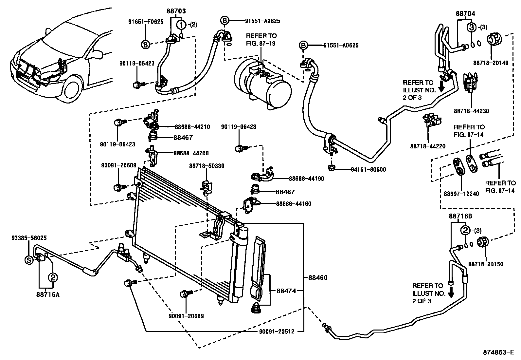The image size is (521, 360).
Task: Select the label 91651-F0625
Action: pyautogui.click(x=146, y=22)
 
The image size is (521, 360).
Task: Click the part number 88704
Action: pyautogui.click(x=465, y=13)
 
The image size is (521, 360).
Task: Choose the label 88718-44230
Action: pyautogui.click(x=471, y=111)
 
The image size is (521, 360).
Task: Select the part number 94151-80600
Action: pyautogui.click(x=368, y=170)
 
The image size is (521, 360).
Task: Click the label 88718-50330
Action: pyautogui.click(x=207, y=166)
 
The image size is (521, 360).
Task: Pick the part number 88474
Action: pyautogui.click(x=286, y=291)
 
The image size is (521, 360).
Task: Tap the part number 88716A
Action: pyautogui.click(x=48, y=294)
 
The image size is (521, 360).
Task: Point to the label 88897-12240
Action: pyautogui.click(x=461, y=194)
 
